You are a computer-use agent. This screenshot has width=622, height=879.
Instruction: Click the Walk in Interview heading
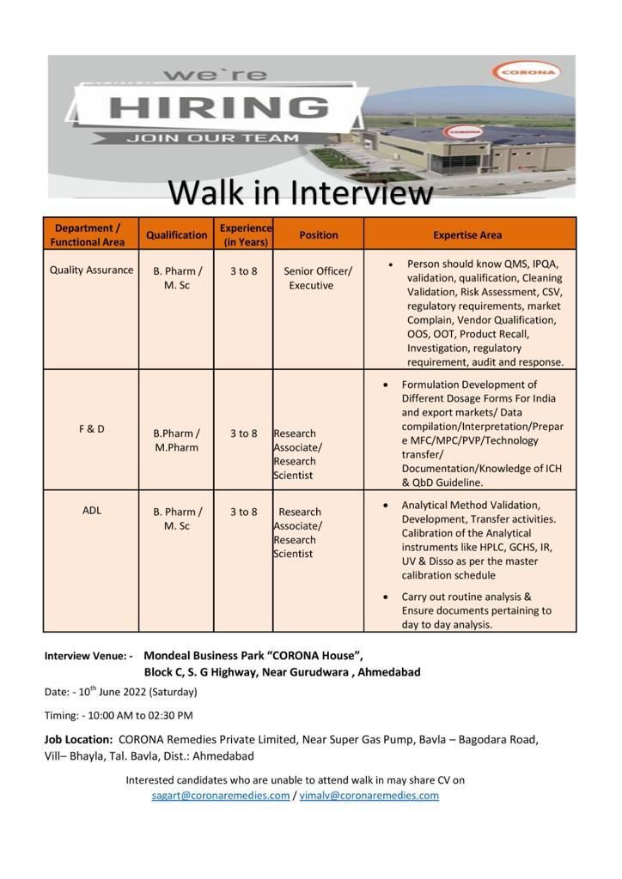pos(300,192)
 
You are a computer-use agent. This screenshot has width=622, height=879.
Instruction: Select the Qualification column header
pos(176,234)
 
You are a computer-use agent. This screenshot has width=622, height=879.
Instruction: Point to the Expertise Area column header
pos(467,234)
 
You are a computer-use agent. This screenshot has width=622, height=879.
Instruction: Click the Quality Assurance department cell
pos(91,270)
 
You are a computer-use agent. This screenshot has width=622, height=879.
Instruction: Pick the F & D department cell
pos(91,428)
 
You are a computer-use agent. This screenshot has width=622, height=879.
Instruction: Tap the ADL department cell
pos(91,510)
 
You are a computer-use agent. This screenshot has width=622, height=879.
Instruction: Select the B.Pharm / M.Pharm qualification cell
pos(176,440)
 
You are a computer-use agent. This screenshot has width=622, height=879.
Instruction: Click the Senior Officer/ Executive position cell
pos(317,278)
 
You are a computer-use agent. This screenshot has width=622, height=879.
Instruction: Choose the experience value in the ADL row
pos(243,512)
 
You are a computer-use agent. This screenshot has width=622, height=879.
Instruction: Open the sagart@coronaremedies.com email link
pos(221,796)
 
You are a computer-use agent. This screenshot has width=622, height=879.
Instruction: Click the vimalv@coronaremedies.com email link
pos(369,796)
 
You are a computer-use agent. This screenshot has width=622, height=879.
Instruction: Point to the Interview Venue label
pos(88,656)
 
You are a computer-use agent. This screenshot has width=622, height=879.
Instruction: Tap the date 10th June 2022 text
pos(121,692)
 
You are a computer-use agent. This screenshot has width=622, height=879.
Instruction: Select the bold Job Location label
pos(78,739)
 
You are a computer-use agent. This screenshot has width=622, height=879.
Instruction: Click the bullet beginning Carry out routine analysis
pos(476,610)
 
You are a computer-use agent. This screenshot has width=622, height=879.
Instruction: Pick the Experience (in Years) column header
pos(245,234)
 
